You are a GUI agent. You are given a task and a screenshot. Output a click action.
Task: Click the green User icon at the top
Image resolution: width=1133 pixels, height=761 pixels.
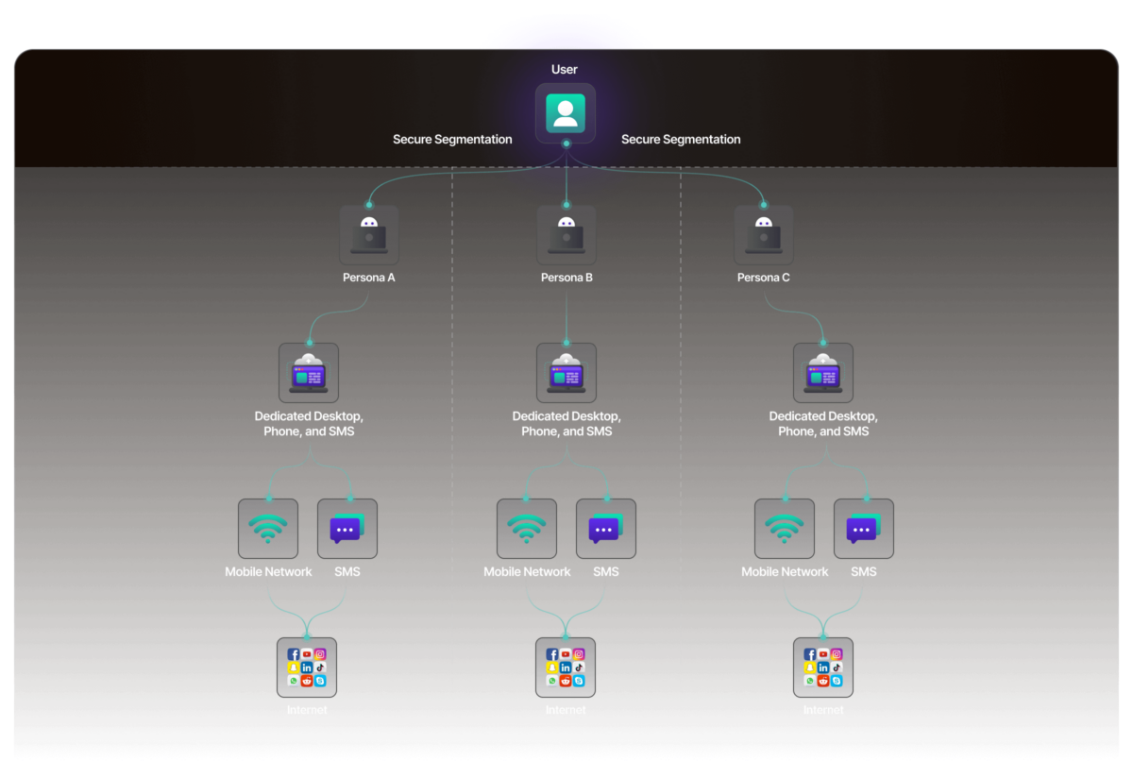click(566, 113)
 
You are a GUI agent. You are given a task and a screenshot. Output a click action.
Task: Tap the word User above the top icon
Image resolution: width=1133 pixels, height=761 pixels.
click(565, 70)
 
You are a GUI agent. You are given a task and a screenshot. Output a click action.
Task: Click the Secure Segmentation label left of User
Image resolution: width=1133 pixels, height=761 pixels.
click(452, 140)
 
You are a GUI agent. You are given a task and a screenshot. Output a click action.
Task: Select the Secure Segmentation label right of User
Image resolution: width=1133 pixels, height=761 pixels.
click(681, 140)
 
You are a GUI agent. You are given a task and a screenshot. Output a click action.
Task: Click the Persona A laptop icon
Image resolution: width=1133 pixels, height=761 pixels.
click(369, 235)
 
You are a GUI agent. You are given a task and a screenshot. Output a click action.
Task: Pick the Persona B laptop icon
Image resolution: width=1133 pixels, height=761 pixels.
click(566, 235)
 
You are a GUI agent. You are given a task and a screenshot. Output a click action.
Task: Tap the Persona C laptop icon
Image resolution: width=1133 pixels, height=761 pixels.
click(764, 235)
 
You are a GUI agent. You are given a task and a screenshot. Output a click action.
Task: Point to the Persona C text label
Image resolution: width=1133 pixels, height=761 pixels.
click(764, 279)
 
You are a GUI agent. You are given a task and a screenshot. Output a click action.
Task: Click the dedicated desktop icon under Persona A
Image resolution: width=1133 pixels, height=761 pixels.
click(309, 373)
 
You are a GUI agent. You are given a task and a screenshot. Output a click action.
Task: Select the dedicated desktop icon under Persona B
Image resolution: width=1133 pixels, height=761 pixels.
click(566, 373)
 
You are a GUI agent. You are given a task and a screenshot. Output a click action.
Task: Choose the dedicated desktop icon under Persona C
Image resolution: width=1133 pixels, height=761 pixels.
click(823, 373)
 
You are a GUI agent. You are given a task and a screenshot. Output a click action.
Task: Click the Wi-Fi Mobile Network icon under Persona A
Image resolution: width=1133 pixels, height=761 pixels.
click(268, 529)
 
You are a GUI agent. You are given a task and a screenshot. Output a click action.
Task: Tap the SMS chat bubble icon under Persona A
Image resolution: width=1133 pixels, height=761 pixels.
click(347, 529)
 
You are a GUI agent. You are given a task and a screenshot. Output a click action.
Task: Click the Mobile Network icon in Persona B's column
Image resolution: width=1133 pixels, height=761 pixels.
click(527, 529)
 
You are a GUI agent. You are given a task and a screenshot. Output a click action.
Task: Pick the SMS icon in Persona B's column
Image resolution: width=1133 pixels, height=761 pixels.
click(606, 529)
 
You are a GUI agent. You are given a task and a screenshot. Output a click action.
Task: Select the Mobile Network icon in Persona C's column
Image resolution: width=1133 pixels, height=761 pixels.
click(785, 529)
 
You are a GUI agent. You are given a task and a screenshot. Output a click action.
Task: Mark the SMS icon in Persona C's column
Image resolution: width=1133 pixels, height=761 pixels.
click(864, 529)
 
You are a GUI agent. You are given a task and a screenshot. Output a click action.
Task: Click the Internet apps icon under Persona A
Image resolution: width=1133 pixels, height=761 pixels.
click(307, 667)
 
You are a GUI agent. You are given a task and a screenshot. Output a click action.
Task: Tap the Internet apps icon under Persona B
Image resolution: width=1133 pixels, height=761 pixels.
click(566, 667)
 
